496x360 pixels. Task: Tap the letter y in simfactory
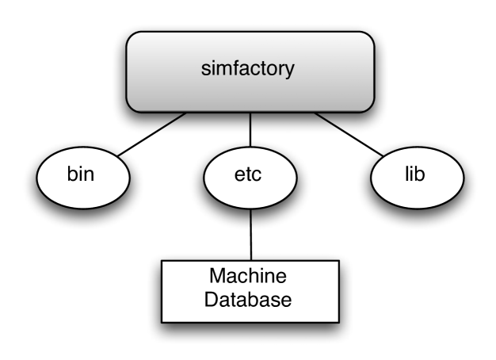tap(291, 71)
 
